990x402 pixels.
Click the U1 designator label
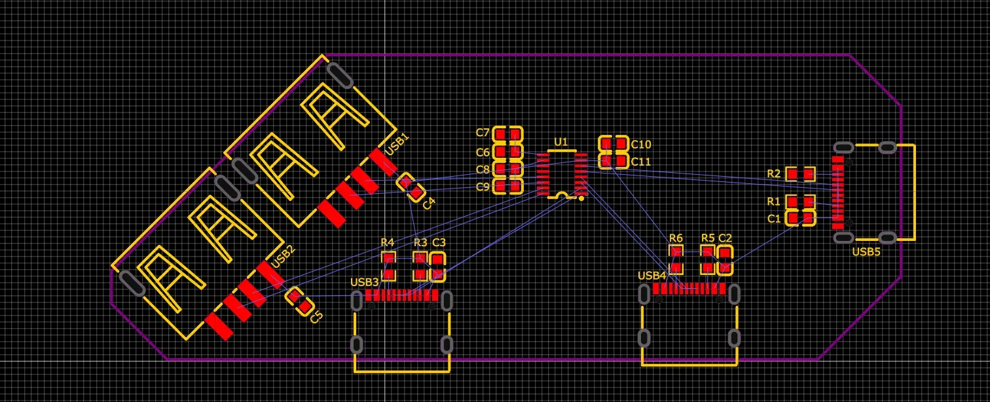[560, 141]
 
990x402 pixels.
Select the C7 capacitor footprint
[507, 135]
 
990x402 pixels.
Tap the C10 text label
[641, 144]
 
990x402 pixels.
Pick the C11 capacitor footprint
[614, 160]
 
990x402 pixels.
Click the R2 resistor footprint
[800, 174]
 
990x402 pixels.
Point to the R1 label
[774, 201]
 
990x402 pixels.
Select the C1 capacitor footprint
[800, 217]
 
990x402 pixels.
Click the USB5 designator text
[866, 251]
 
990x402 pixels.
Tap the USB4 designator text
[651, 276]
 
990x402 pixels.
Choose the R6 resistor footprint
[676, 259]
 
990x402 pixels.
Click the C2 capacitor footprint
[724, 260]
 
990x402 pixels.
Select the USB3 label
[365, 282]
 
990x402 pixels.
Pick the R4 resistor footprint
[389, 266]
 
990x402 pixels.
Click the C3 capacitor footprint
[437, 266]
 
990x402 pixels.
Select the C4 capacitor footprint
[411, 187]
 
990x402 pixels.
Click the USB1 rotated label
[397, 143]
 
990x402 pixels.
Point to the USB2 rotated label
[284, 256]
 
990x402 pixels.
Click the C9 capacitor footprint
[507, 187]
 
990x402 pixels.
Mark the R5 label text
[708, 238]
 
